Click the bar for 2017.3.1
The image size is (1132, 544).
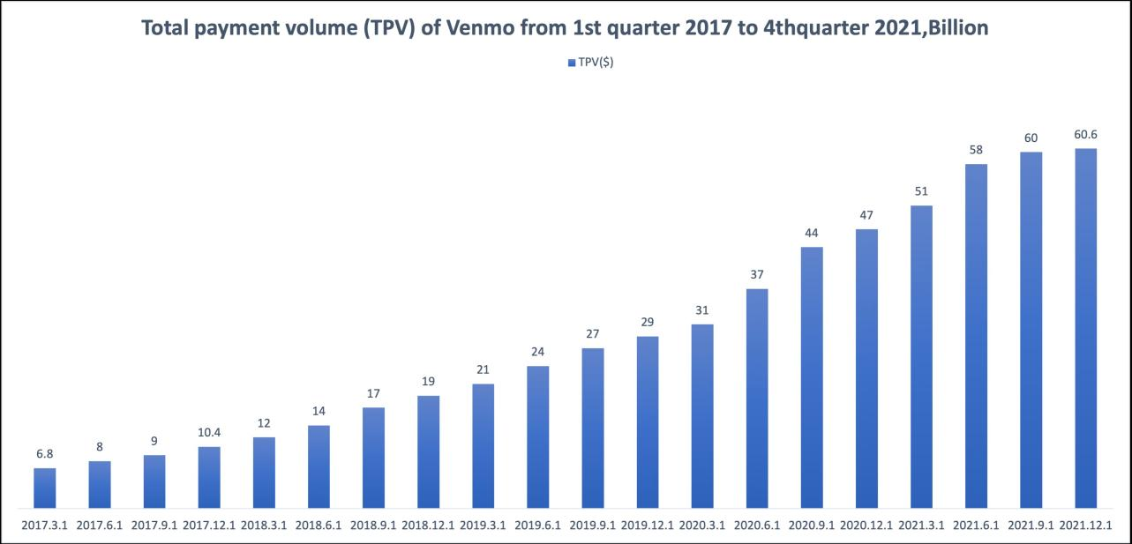45,488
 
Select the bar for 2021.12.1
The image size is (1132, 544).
1085,328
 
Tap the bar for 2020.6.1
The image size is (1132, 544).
757,398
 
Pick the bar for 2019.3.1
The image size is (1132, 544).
483,445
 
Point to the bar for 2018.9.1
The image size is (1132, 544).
373,458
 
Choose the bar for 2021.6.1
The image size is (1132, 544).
976,336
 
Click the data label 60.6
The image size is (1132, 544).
1085,134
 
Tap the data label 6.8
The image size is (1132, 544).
45,453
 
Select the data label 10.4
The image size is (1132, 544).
209,433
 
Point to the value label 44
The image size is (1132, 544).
812,233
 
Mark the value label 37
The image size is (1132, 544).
757,274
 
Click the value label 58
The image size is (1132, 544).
976,150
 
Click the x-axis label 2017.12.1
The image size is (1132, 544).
209,526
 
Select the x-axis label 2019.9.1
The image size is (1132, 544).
592,526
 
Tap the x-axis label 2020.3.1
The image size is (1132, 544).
701,526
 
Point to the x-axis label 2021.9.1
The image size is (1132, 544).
1031,526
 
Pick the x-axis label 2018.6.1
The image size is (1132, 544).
319,526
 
